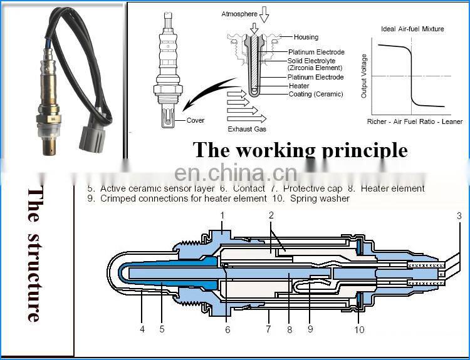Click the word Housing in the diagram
(x=306, y=37)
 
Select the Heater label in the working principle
(x=299, y=86)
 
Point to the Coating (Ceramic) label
(x=316, y=94)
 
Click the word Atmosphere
(x=238, y=14)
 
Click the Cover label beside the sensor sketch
(x=196, y=121)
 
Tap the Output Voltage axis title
(x=365, y=76)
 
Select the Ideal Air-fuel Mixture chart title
(x=412, y=29)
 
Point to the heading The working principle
(x=300, y=150)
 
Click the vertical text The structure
(x=33, y=254)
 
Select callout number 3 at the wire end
(x=459, y=216)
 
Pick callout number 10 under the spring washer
(x=359, y=329)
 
